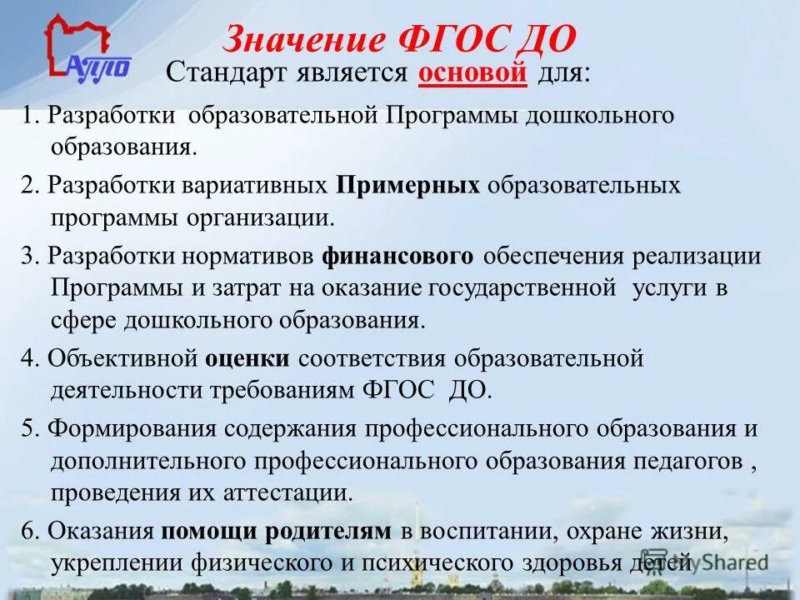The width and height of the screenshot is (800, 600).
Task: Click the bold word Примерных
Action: click(x=408, y=185)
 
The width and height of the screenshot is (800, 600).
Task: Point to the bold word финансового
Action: click(x=398, y=256)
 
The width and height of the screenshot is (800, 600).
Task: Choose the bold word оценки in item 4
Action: click(x=247, y=359)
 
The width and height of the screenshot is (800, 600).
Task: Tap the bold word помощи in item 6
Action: click(x=212, y=531)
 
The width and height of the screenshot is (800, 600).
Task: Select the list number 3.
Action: click(x=28, y=257)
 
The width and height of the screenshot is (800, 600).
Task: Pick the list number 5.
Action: click(x=28, y=429)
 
